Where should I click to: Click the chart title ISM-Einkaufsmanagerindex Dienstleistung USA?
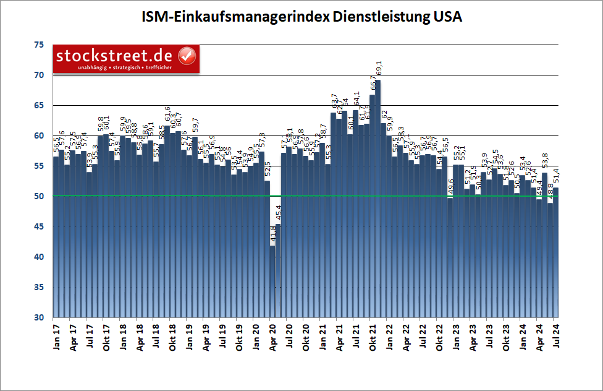(301, 17)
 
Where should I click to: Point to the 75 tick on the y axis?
(38, 45)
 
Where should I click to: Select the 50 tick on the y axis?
(38, 196)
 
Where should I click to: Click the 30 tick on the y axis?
(38, 317)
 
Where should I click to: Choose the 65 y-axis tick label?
(38, 105)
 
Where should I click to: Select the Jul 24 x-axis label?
(556, 337)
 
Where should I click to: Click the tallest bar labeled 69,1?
(377, 198)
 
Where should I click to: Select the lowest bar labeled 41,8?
(272, 281)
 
